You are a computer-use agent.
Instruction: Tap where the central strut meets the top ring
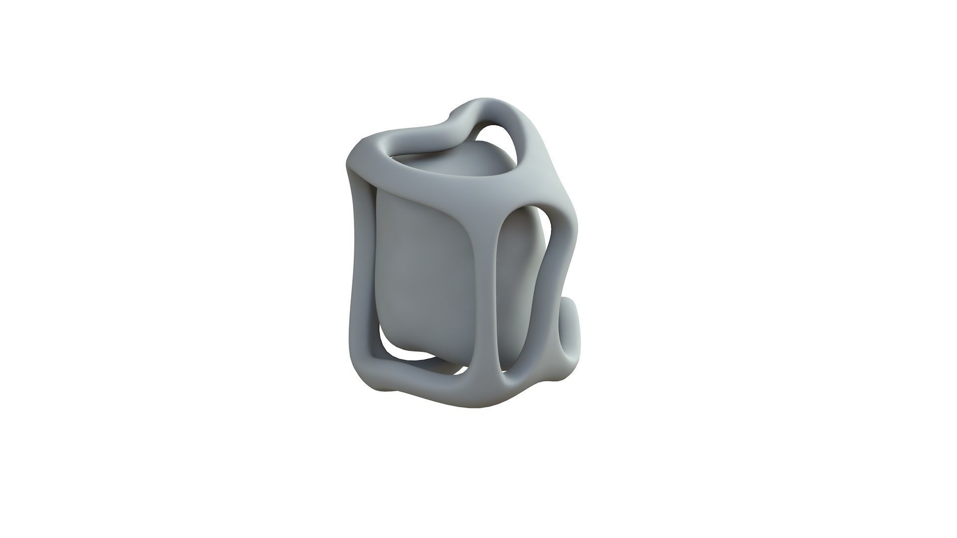[x=491, y=199]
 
